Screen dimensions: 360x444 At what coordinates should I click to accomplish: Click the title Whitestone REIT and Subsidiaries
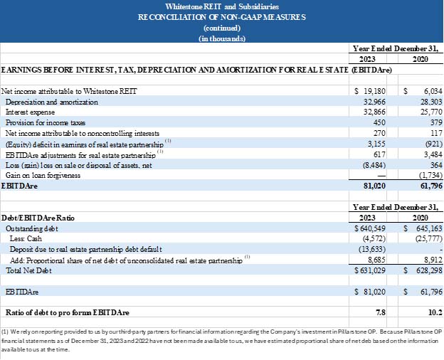pyautogui.click(x=221, y=6)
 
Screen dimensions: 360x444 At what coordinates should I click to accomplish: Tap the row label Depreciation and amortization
pyautogui.click(x=52, y=102)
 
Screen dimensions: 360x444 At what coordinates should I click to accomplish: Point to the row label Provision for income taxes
pyautogui.click(x=44, y=122)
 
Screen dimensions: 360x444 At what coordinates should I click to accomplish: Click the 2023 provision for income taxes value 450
pyautogui.click(x=379, y=122)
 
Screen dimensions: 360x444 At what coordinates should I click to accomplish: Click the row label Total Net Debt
pyautogui.click(x=26, y=270)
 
